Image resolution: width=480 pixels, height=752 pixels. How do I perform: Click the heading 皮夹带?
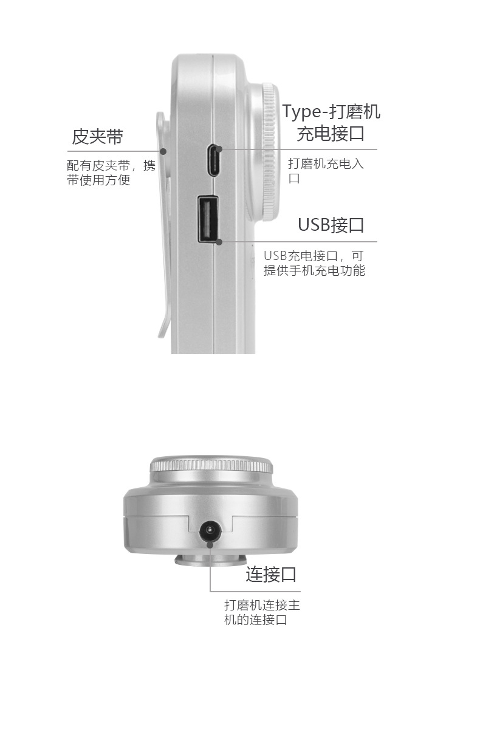coord(97,137)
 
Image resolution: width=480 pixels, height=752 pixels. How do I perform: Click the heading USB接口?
coord(331,225)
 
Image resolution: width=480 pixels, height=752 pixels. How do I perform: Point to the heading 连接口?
coord(271,574)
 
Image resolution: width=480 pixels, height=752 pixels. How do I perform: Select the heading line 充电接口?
coord(331,134)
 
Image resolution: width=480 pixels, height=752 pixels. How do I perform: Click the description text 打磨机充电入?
coord(326,164)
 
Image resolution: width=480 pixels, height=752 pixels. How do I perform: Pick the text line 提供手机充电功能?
coord(314,270)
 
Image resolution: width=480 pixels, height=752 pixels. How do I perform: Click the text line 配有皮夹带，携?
coord(111,165)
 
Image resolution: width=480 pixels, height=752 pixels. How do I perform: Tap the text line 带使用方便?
coord(98,180)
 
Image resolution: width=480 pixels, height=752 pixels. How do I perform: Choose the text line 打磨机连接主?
coord(262,605)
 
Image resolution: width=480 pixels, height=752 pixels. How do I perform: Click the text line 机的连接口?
coord(255,620)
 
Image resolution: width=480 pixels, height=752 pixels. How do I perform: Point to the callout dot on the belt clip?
coord(163,151)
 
